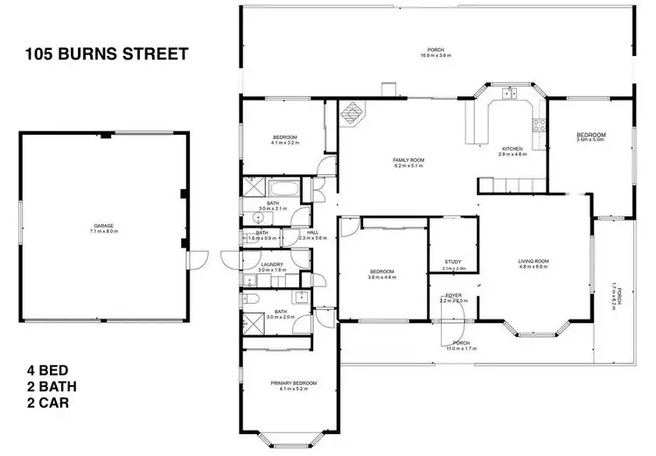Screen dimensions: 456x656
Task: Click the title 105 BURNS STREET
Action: pyautogui.click(x=106, y=54)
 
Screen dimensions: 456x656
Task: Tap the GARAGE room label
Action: pyautogui.click(x=104, y=226)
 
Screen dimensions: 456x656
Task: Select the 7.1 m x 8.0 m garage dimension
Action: pyautogui.click(x=104, y=231)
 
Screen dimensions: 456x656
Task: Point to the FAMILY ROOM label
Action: pyautogui.click(x=408, y=159)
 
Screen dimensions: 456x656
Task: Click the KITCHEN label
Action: pyautogui.click(x=513, y=149)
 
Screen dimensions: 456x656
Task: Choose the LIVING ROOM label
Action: pyautogui.click(x=533, y=261)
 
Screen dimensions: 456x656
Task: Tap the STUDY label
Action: pyautogui.click(x=453, y=262)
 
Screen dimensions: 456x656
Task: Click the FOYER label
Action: pyautogui.click(x=453, y=296)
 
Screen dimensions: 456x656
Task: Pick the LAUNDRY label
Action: pyautogui.click(x=272, y=263)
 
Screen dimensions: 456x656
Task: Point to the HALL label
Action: pyautogui.click(x=312, y=233)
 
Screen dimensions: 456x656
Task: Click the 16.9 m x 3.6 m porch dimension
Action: pyautogui.click(x=434, y=55)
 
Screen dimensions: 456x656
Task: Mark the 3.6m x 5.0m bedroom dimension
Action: pyautogui.click(x=591, y=140)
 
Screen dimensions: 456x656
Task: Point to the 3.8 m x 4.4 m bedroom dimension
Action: pyautogui.click(x=381, y=277)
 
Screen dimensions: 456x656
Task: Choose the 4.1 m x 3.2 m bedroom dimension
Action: pyautogui.click(x=285, y=143)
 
